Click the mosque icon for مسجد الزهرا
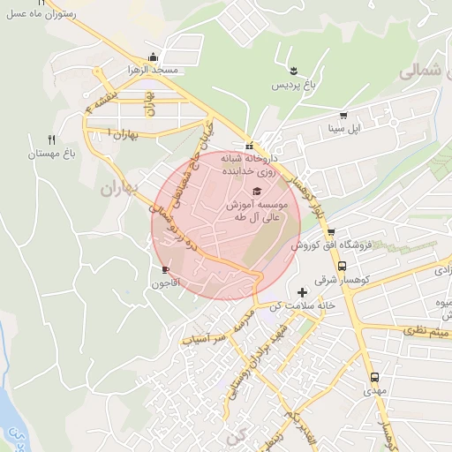[155, 56]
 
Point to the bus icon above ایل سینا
[343, 114]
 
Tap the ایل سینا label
[343, 128]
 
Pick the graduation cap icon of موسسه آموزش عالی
[256, 192]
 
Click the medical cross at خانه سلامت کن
[304, 291]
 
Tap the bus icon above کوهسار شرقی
[343, 265]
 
